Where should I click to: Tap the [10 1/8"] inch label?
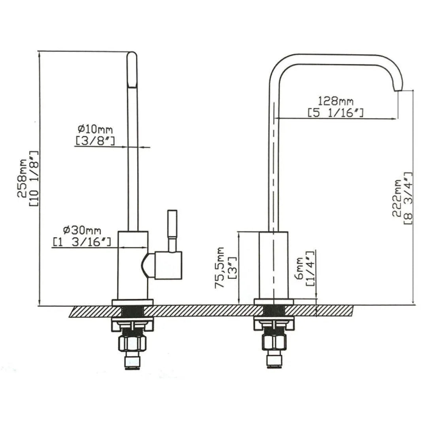click(x=34, y=178)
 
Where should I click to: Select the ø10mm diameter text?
click(x=95, y=129)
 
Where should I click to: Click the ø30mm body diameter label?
click(x=82, y=230)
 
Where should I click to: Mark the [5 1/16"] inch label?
click(x=336, y=113)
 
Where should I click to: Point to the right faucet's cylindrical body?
click(x=273, y=265)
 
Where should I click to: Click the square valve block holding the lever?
click(x=168, y=265)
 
